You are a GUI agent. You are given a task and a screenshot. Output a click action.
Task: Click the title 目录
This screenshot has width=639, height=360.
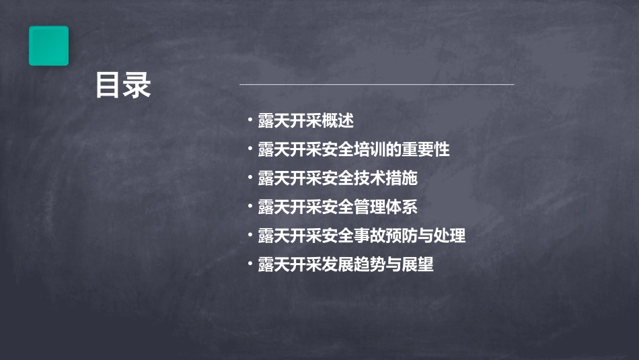pyautogui.click(x=123, y=85)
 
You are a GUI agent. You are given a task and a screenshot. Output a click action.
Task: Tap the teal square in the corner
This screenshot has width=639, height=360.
pyautogui.click(x=48, y=46)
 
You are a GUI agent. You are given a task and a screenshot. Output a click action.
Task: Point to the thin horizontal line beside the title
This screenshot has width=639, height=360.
pyautogui.click(x=377, y=84)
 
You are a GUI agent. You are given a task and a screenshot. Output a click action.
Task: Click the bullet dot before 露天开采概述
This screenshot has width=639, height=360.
pyautogui.click(x=250, y=121)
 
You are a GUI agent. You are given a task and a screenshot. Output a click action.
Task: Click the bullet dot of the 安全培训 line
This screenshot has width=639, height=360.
pyautogui.click(x=250, y=149)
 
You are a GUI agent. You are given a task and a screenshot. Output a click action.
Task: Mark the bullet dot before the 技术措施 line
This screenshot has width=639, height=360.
pyautogui.click(x=250, y=178)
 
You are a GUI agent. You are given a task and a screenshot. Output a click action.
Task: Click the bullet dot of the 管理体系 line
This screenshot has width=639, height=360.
pyautogui.click(x=250, y=207)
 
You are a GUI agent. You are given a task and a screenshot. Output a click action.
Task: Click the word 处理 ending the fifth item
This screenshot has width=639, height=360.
pyautogui.click(x=450, y=236)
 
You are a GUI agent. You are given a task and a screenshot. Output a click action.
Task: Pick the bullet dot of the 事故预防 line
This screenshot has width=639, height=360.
pyautogui.click(x=250, y=236)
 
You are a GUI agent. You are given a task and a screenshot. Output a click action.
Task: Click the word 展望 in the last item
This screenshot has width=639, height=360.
pyautogui.click(x=418, y=264)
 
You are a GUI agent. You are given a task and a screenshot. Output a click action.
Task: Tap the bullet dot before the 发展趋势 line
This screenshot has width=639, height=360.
pyautogui.click(x=250, y=264)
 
